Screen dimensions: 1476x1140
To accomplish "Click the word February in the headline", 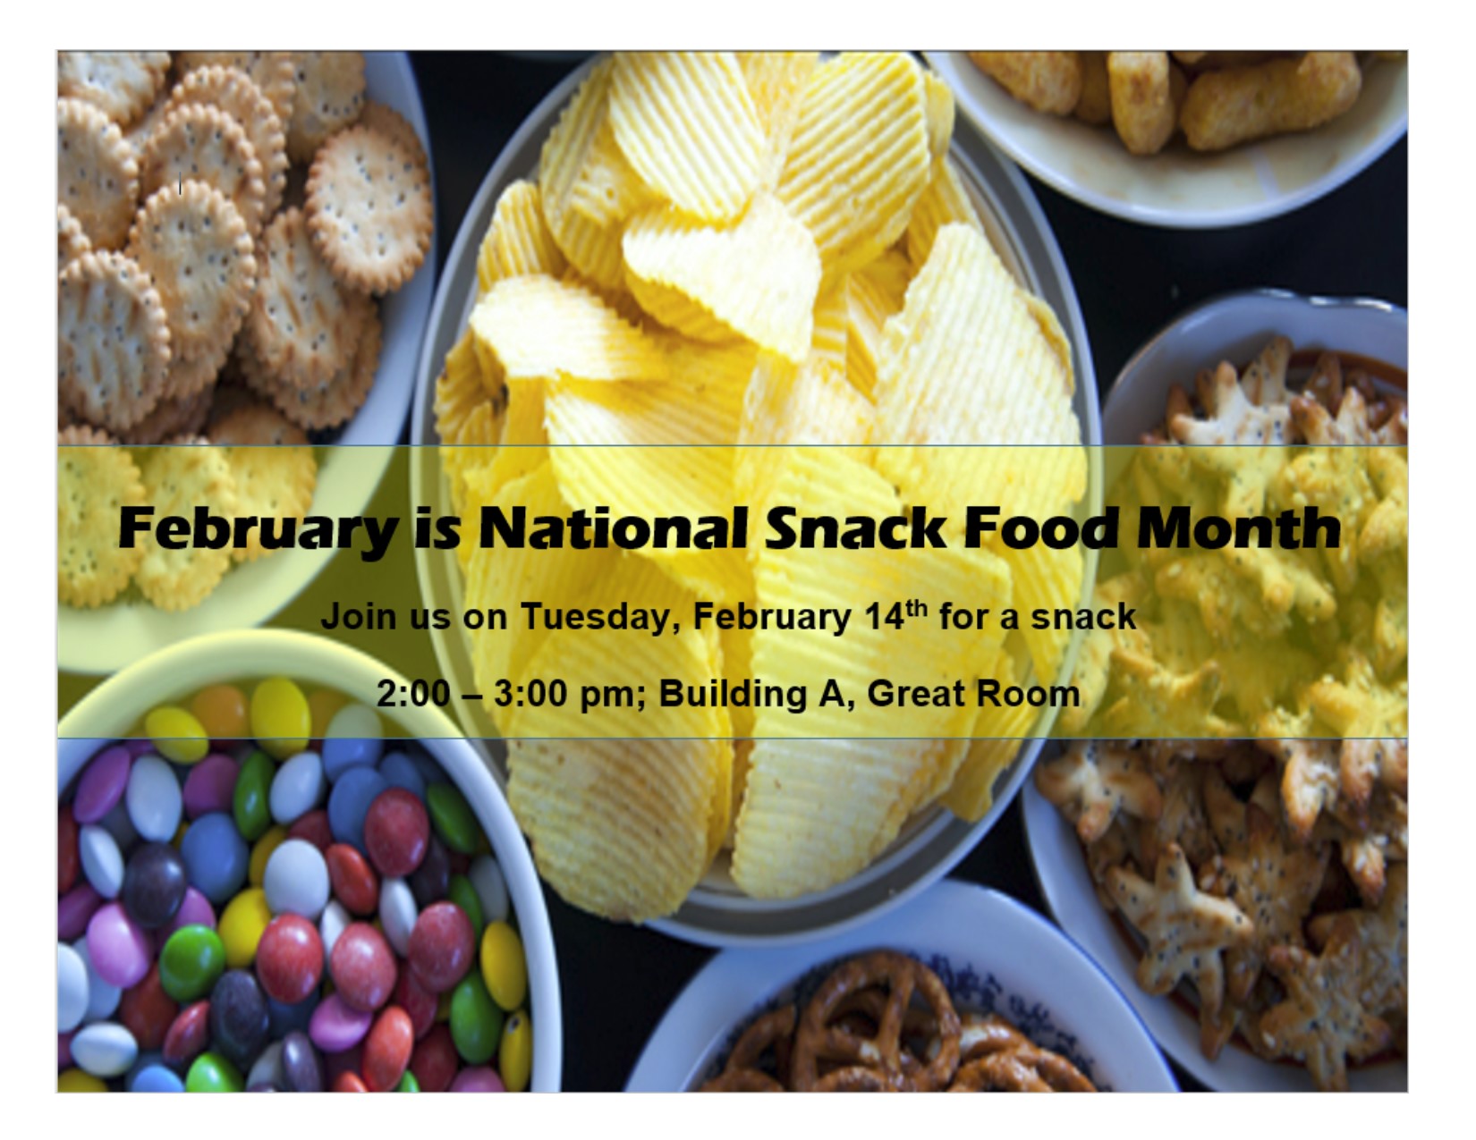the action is tap(257, 530).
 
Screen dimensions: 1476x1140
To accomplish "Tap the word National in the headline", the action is tap(613, 528).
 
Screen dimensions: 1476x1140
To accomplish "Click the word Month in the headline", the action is tap(1238, 528).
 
